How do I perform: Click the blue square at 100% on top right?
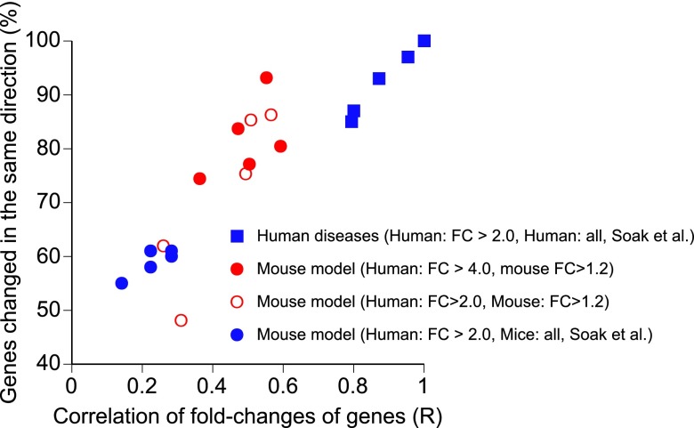click(424, 41)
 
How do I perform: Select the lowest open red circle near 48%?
click(182, 320)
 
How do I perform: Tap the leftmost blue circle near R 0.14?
click(122, 283)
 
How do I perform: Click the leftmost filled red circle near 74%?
click(199, 179)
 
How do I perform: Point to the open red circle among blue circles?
click(163, 246)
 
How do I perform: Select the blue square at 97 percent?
click(408, 57)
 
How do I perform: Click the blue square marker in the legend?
click(237, 237)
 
